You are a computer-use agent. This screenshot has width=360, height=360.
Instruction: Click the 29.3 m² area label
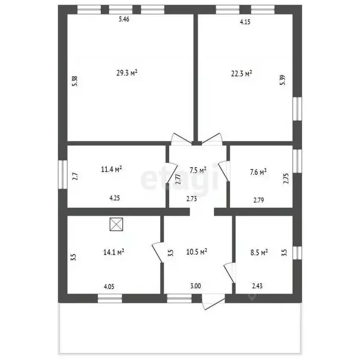tap(127, 73)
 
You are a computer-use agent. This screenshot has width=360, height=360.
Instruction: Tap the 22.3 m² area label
tap(242, 73)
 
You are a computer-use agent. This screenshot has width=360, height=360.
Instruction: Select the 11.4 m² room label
tap(112, 169)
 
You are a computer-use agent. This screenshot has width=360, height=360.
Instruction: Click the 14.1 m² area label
tap(113, 252)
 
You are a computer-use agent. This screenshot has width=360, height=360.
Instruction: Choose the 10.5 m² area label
tap(197, 252)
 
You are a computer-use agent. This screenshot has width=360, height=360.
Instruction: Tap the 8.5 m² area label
tap(258, 252)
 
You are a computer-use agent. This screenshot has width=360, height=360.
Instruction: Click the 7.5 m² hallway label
tap(197, 170)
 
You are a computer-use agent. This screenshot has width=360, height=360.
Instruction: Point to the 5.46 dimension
tap(124, 19)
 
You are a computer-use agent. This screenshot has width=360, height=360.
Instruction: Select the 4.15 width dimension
tap(245, 22)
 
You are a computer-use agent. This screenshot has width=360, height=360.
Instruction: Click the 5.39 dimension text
tap(282, 80)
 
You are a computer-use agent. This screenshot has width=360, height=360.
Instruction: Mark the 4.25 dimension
tap(115, 198)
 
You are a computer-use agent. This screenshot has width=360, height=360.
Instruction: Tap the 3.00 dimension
tap(195, 285)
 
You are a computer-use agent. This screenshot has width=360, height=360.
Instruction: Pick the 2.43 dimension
tap(257, 285)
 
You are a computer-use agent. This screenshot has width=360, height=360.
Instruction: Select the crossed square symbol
tap(115, 225)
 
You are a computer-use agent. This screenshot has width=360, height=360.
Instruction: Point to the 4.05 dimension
tap(109, 285)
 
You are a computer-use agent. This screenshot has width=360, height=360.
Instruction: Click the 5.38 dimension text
tap(75, 81)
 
